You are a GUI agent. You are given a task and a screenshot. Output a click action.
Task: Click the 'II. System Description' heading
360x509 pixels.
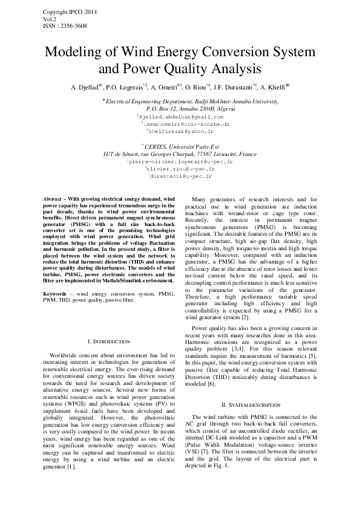[x=250, y=404]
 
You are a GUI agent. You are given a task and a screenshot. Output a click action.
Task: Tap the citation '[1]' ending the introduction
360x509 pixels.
[x=71, y=450]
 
